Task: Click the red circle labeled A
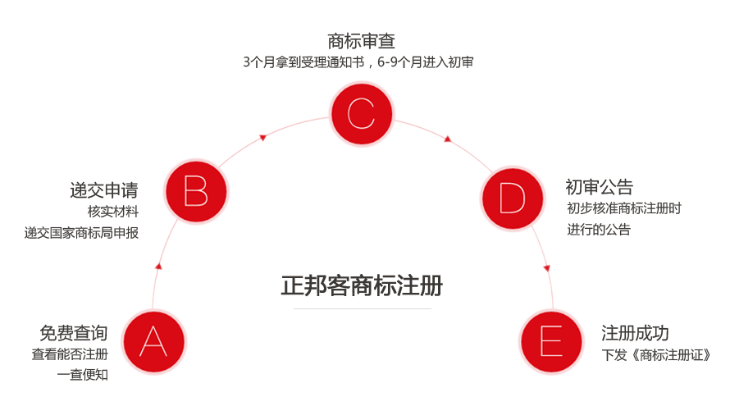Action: pos(154,340)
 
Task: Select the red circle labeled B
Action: pos(196,193)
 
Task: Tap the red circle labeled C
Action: pos(362,112)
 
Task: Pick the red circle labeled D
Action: pos(512,198)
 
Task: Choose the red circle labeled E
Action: pos(551,340)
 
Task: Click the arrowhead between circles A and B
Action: pos(158,266)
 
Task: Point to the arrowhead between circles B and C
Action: pos(262,137)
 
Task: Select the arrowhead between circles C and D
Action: pos(448,139)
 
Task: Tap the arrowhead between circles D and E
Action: pos(547,267)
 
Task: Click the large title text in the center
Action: pos(362,286)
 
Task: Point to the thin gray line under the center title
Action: pos(362,308)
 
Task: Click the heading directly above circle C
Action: pos(361,41)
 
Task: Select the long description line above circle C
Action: pos(358,62)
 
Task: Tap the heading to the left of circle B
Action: pos(103,191)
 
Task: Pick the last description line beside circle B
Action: pos(82,232)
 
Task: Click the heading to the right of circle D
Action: pos(600,187)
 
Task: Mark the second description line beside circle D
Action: pos(618,229)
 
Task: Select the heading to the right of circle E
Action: pos(636,333)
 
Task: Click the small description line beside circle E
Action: pos(655,355)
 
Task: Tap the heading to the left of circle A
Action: pos(74,332)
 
